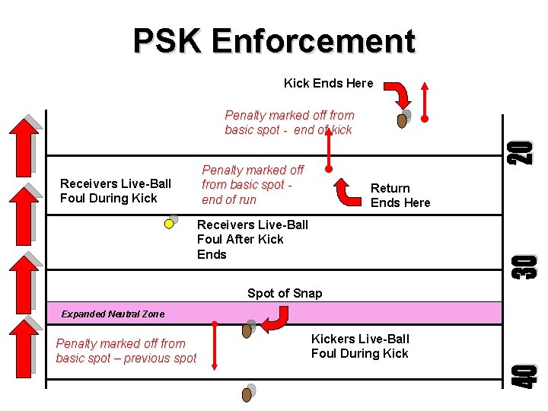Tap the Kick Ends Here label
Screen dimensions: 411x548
[328, 83]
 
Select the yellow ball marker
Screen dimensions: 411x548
[170, 224]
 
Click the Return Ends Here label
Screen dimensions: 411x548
[400, 196]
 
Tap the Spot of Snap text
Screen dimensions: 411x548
[285, 293]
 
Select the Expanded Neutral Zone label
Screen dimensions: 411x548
[102, 314]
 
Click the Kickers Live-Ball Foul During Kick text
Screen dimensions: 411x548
[360, 346]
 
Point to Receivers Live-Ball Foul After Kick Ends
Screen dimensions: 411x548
[252, 239]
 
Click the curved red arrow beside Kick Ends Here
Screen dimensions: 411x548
[397, 94]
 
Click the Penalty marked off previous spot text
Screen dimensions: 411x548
[126, 351]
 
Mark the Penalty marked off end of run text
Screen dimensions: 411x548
[252, 185]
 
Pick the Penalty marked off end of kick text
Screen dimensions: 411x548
[289, 123]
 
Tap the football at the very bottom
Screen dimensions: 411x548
[247, 394]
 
